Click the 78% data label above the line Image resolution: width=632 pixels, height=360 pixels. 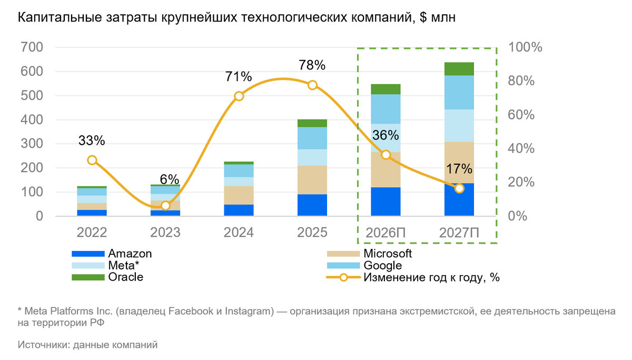(x=312, y=66)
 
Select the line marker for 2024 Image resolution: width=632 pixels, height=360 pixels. (x=239, y=96)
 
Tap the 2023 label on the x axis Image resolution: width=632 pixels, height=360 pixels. (x=165, y=233)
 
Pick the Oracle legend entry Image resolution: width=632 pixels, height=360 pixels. (x=125, y=277)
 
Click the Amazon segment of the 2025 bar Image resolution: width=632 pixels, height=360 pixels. (x=312, y=205)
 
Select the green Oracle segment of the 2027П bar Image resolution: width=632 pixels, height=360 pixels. (x=459, y=69)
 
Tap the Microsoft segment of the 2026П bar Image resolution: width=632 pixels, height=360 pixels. (x=386, y=169)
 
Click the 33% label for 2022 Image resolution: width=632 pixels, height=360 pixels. (x=92, y=141)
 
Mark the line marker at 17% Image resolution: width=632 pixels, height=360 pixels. (x=459, y=188)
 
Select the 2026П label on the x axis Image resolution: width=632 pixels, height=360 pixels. (x=386, y=233)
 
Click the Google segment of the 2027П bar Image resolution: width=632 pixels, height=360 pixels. (x=459, y=93)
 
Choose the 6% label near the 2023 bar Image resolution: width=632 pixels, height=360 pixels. (x=170, y=179)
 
